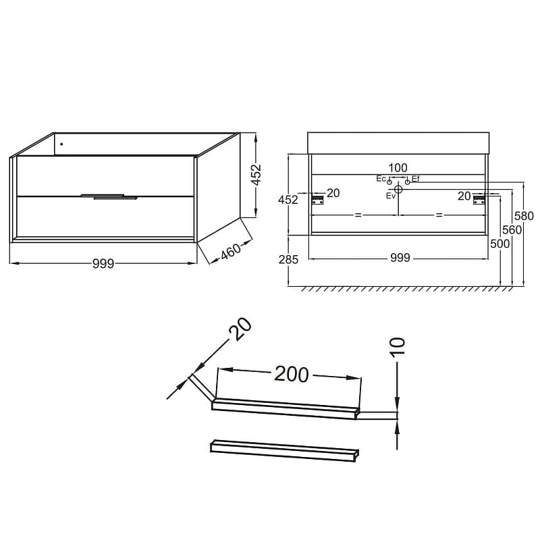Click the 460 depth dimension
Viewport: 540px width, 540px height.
click(x=231, y=252)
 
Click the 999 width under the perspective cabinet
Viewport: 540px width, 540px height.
click(x=103, y=264)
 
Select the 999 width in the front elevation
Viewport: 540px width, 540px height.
click(x=400, y=258)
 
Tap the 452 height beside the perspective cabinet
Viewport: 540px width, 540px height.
click(x=257, y=175)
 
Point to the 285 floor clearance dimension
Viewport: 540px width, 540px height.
click(x=289, y=259)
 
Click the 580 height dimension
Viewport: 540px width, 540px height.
click(x=524, y=216)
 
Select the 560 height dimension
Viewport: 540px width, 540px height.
click(x=512, y=230)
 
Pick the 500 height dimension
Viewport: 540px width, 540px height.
click(x=500, y=244)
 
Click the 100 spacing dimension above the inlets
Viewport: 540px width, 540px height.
click(x=398, y=168)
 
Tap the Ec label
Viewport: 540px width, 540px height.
click(x=381, y=179)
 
